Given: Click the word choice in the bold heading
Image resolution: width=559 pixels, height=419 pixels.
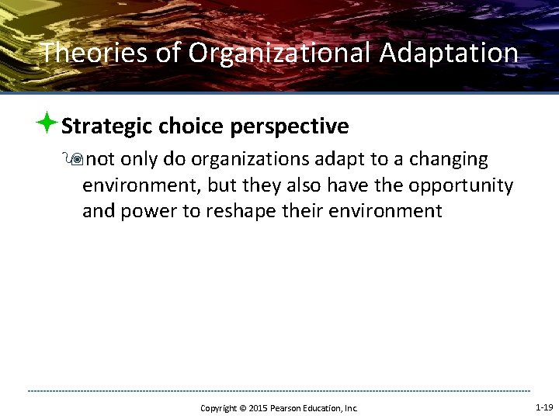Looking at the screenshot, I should pyautogui.click(x=190, y=126).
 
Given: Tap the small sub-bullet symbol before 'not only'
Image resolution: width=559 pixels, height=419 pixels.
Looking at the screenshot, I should pyautogui.click(x=76, y=160).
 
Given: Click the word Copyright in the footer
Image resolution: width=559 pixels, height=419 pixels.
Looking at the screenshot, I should pyautogui.click(x=218, y=408).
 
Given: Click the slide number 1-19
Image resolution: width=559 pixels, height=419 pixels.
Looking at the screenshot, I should pyautogui.click(x=544, y=407).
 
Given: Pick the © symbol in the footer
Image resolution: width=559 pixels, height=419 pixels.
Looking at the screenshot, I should pyautogui.click(x=241, y=408).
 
